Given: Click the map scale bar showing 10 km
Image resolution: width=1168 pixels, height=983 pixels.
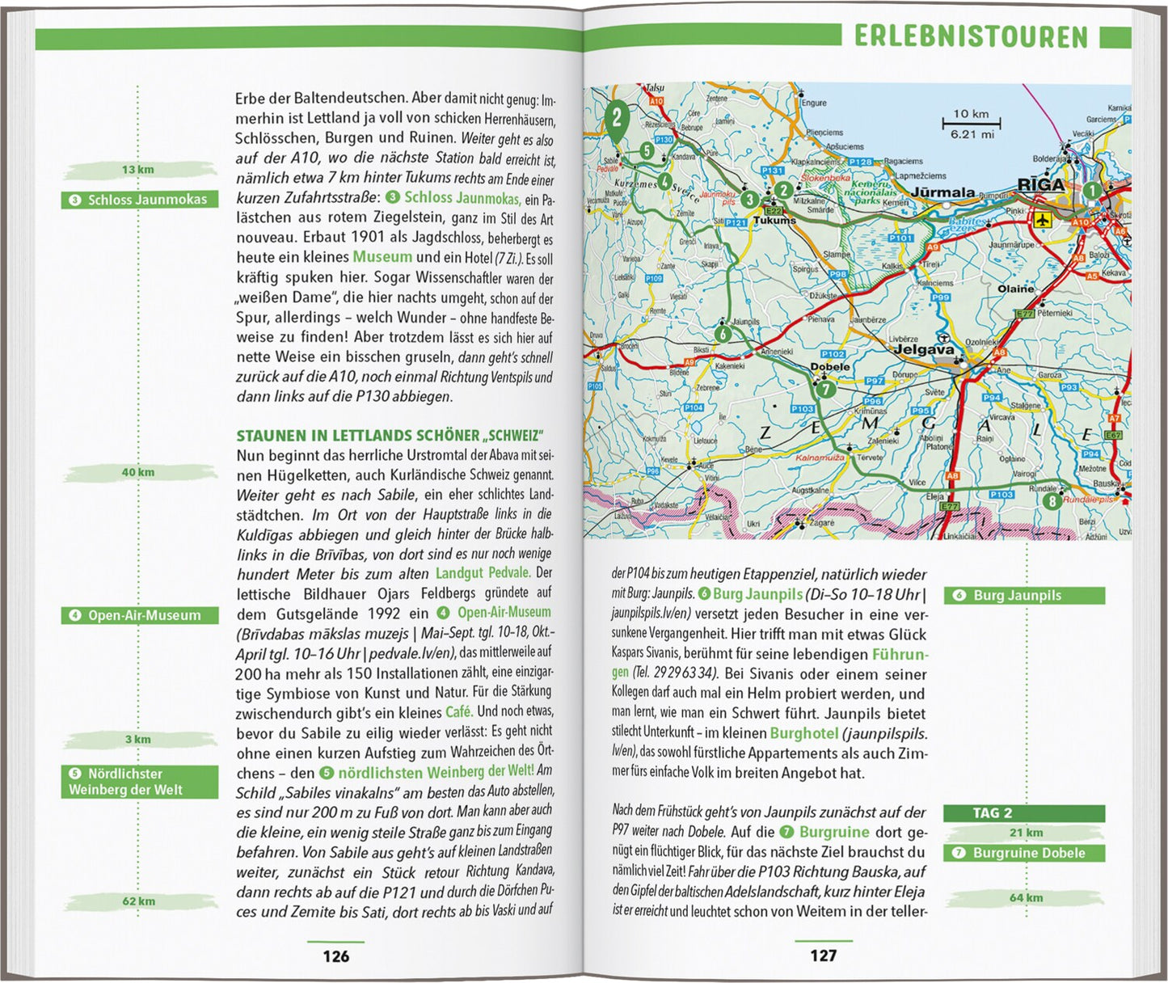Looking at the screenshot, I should click(971, 124).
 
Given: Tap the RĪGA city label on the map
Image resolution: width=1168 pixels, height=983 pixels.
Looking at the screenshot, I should click(1040, 185).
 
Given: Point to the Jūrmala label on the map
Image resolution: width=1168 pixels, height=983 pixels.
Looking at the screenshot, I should click(943, 192).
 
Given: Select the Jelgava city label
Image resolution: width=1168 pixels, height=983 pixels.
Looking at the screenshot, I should click(923, 350).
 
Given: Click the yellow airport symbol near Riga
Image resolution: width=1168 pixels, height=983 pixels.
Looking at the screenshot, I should click(1042, 218).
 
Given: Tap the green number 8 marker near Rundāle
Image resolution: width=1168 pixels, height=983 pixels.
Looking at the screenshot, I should click(1051, 501).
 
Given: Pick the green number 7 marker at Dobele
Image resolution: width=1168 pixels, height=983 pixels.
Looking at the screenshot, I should click(824, 389).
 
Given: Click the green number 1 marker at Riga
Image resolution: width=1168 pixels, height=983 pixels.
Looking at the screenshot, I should click(1090, 191).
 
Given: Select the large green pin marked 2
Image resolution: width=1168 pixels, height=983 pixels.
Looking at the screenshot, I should click(617, 118).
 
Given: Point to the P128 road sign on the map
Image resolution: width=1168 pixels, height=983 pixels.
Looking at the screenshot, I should click(860, 162).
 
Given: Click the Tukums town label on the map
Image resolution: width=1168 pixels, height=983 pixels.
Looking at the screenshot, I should click(774, 220).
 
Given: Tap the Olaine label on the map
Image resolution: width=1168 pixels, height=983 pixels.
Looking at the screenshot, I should click(1015, 289).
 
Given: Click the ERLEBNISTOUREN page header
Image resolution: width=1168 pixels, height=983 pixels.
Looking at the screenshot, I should click(971, 36).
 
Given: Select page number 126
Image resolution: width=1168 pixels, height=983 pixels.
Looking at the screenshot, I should click(335, 956).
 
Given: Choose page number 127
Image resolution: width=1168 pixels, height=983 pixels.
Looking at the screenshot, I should click(823, 956).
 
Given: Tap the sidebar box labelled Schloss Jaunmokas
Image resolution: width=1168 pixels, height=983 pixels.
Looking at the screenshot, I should click(140, 200).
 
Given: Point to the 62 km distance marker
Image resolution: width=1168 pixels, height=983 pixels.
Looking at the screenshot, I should click(139, 901).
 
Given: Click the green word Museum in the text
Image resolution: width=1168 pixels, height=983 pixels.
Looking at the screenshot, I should click(382, 257).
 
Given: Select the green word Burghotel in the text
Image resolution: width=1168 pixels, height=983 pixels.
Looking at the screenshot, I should click(804, 733).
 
